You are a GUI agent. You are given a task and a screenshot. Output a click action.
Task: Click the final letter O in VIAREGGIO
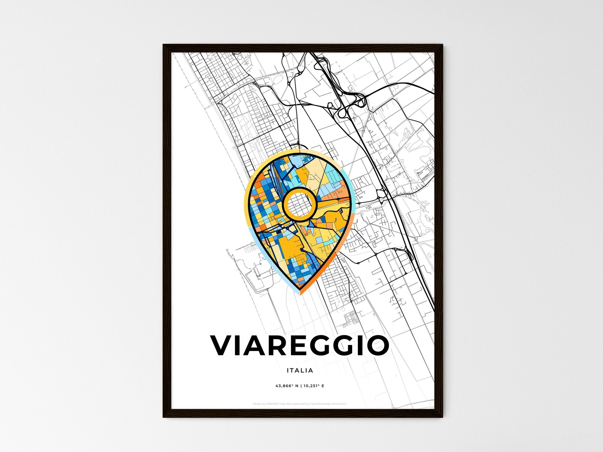pyautogui.click(x=377, y=345)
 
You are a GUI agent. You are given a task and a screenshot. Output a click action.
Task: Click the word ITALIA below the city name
pyautogui.click(x=300, y=370)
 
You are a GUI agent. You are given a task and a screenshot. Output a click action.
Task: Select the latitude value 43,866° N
pyautogui.click(x=287, y=386)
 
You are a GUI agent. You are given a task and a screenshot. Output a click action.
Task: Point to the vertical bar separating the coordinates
pyautogui.click(x=301, y=386)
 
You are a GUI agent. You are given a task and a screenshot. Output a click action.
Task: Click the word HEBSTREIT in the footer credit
pyautogui.click(x=272, y=404)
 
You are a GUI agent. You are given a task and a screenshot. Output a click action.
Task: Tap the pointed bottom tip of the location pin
pyautogui.click(x=300, y=294)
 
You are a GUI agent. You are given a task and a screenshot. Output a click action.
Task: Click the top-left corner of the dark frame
pyautogui.click(x=164, y=45)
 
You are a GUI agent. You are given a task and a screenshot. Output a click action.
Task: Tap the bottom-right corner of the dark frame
pyautogui.click(x=442, y=417)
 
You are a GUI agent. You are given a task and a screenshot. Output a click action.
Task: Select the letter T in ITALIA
pyautogui.click(x=292, y=370)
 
